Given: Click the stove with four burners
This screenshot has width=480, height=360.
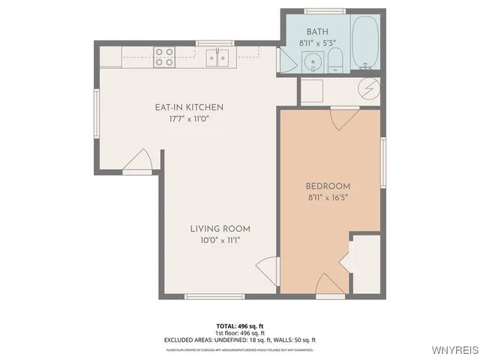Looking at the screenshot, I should coord(164,57).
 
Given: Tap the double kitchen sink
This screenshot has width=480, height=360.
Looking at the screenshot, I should coord(218,57).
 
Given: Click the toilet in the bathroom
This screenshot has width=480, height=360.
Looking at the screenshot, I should coord(334,58).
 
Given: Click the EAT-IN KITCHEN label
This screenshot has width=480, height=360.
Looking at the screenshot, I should coord(189,107).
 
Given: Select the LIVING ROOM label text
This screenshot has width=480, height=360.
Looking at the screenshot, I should coord(220,229).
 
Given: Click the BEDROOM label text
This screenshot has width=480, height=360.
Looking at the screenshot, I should coord(328,186).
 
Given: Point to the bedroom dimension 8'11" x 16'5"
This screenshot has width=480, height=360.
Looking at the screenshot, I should coord(328,198).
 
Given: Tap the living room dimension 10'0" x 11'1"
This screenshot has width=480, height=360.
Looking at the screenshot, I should coord(220,241).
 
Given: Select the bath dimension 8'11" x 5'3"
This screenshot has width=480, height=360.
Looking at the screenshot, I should coord(317,43).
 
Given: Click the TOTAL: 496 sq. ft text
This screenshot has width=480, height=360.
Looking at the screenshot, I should coord(240,325).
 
